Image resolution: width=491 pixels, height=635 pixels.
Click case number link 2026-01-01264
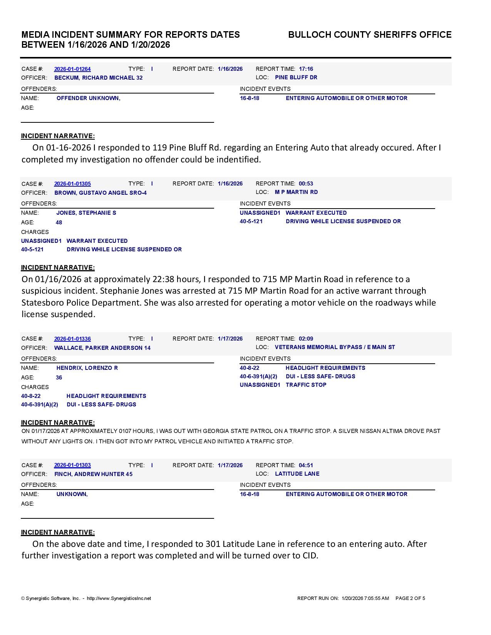click(x=72, y=69)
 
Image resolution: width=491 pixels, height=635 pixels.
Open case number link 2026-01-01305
click(x=72, y=184)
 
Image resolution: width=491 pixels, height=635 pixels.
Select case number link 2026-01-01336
click(x=72, y=339)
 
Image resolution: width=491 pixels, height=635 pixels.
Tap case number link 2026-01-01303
click(x=72, y=465)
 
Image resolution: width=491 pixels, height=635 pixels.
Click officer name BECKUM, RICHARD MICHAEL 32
click(x=99, y=78)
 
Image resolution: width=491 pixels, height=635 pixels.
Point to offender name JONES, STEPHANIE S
click(x=86, y=213)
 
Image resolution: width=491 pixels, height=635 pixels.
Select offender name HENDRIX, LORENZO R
click(x=87, y=368)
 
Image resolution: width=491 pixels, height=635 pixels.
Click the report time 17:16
click(x=306, y=69)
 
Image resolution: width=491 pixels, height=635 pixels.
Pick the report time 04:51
click(x=306, y=465)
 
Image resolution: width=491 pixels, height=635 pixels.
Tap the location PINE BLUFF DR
click(x=296, y=77)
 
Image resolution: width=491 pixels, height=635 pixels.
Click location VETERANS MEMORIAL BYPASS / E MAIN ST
click(x=335, y=347)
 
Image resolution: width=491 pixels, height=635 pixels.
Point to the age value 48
click(x=59, y=222)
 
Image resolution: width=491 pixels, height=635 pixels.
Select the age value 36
click(x=59, y=378)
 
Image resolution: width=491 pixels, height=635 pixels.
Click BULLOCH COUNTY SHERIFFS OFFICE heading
click(x=370, y=35)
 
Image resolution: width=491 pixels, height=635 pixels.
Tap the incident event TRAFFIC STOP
click(x=306, y=385)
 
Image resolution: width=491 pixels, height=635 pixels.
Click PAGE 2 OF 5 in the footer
click(x=410, y=598)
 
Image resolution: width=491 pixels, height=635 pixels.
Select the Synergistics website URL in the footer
click(x=119, y=598)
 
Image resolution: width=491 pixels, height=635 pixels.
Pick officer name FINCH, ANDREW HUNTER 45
click(x=94, y=474)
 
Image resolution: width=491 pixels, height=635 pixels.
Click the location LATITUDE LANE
click(x=297, y=474)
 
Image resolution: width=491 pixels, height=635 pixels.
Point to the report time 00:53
click(x=306, y=184)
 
